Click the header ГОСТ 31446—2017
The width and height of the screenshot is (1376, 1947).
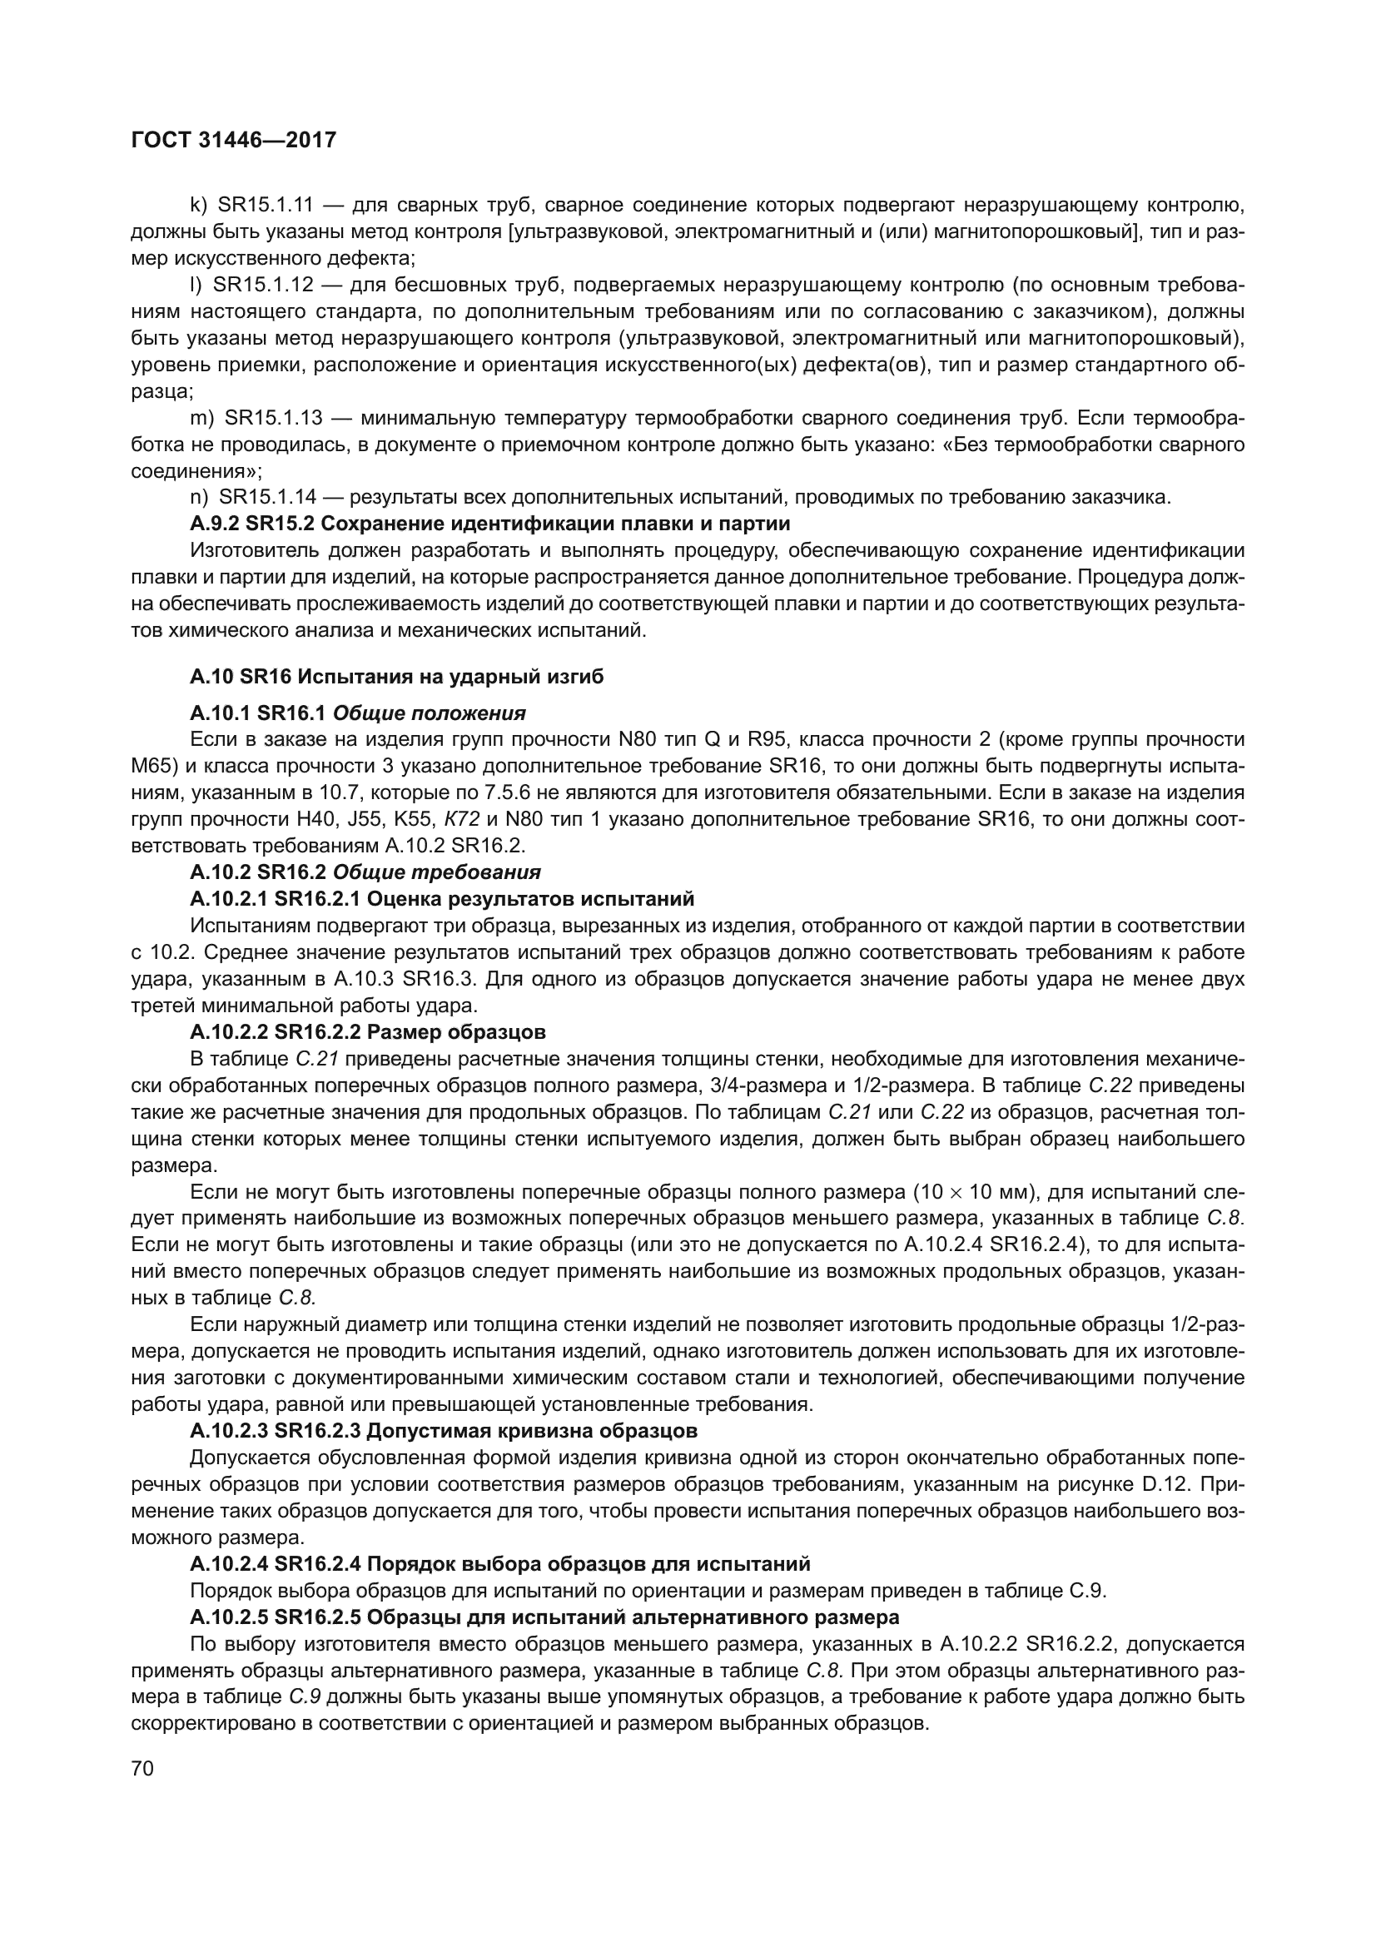pyautogui.click(x=234, y=140)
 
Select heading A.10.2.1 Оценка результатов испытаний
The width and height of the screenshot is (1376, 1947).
pyautogui.click(x=442, y=898)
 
